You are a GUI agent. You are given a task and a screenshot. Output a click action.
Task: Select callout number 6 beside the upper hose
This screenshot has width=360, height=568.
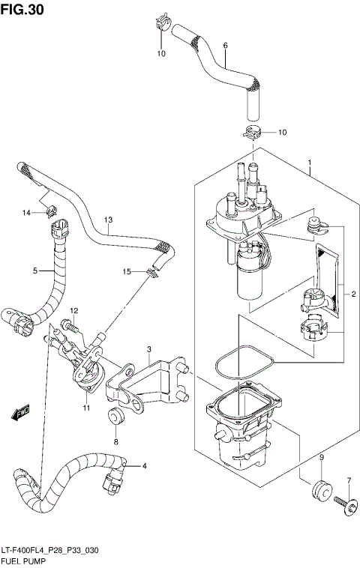point(225,46)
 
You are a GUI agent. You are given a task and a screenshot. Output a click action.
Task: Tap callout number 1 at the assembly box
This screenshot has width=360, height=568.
point(308,163)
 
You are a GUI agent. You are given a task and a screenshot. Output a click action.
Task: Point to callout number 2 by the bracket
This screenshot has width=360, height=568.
point(353,294)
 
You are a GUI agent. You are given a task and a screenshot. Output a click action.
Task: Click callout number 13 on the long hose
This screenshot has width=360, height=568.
point(108,220)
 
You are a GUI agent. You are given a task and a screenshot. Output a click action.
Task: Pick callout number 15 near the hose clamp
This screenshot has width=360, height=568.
point(127,271)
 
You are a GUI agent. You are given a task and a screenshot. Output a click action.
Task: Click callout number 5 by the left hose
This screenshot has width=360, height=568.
point(34,271)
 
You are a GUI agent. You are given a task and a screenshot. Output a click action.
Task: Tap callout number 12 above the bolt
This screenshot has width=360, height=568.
point(74,310)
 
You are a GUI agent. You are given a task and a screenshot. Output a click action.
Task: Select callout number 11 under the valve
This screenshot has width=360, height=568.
point(86,408)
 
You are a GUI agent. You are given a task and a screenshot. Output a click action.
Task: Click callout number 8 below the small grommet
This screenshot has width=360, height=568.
point(116,442)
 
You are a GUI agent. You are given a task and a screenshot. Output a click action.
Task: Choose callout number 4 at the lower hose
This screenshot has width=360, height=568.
point(144,467)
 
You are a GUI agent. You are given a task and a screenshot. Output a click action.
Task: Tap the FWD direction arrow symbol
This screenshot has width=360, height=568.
point(22,411)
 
